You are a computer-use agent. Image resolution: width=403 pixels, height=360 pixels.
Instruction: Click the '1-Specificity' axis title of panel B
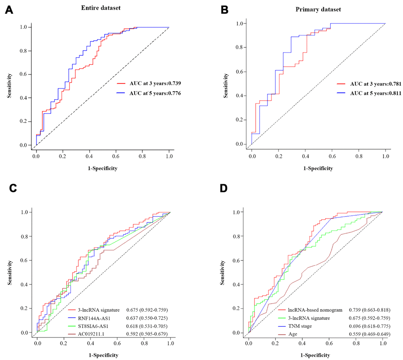point(318,168)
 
